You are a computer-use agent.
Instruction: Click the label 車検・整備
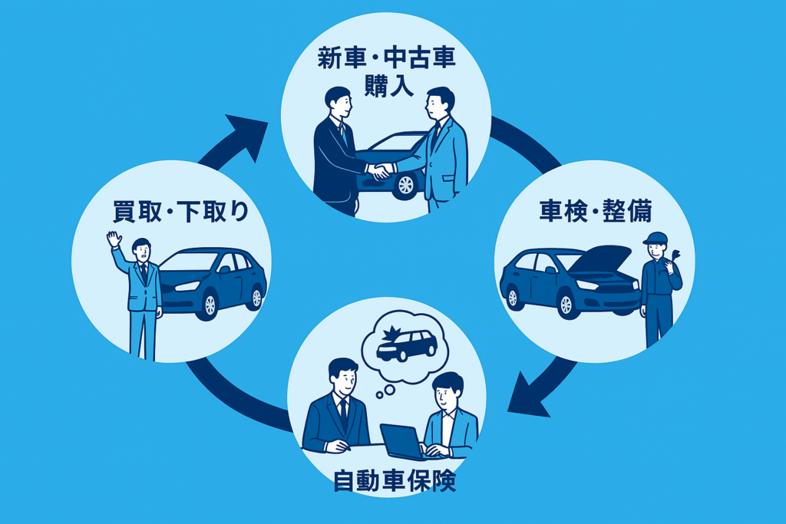tap(596, 210)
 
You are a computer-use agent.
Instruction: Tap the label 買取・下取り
tap(180, 211)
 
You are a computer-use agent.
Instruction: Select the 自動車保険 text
tap(395, 481)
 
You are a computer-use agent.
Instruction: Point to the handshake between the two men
tap(379, 171)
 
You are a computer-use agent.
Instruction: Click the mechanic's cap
tap(655, 238)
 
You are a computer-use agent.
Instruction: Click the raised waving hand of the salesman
tap(114, 239)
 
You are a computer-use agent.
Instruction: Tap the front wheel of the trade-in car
tap(209, 305)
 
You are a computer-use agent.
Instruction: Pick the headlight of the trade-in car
tap(187, 286)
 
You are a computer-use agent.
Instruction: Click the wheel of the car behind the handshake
tap(405, 186)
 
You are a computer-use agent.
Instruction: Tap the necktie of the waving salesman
tap(144, 273)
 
